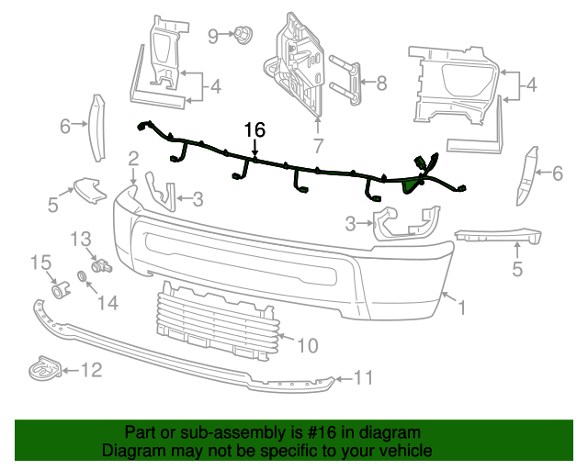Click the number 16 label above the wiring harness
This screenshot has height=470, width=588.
coord(254,130)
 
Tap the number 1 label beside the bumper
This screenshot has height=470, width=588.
coord(462,309)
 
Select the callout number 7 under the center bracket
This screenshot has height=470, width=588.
coord(318,145)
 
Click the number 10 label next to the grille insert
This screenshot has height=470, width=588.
coord(307,345)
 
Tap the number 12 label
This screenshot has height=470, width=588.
coord(91,371)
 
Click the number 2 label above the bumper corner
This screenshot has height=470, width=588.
coord(133,158)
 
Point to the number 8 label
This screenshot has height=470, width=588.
coord(381,83)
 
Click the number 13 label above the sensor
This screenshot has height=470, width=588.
coord(82,239)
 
